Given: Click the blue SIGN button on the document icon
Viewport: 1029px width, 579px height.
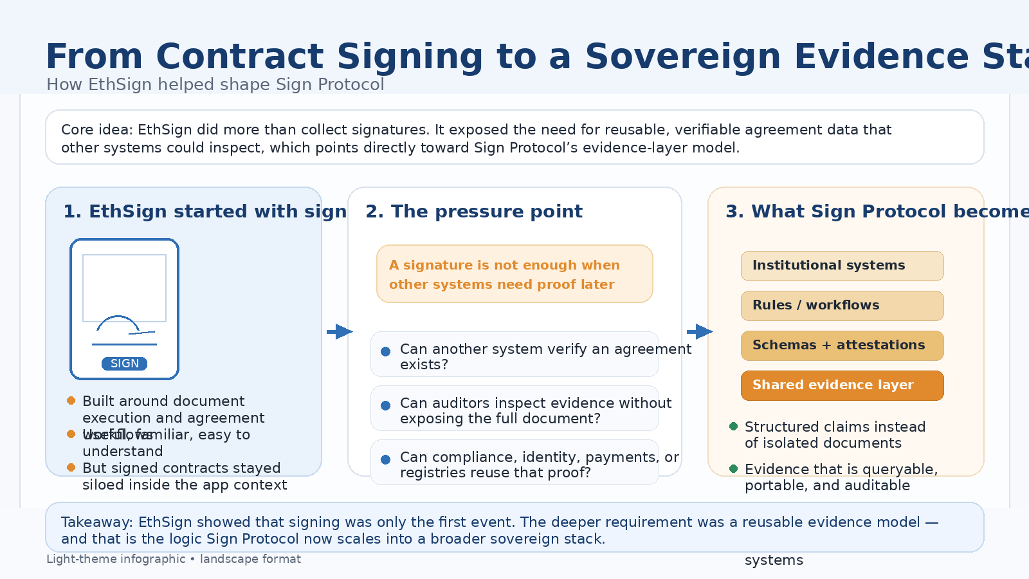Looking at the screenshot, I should coord(124,363).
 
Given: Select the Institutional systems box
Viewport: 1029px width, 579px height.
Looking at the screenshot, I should coord(842,266).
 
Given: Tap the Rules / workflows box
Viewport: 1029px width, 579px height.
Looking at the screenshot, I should coord(842,306).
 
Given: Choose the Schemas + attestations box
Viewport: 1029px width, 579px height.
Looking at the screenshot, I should coord(842,345).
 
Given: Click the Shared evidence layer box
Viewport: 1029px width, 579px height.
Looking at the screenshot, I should coord(842,385).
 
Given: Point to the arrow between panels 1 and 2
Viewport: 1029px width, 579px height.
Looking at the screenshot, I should coord(340,332).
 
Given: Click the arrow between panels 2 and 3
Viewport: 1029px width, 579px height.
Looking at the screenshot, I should coord(700,332).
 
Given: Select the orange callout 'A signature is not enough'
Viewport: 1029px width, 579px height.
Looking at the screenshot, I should coord(514,274).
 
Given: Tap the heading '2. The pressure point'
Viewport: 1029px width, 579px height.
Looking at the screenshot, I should coord(474,212).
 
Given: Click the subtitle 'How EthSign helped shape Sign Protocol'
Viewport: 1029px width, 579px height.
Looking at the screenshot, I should coord(215,85).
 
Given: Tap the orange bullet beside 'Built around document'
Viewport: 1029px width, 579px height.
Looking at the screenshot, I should coord(71,401).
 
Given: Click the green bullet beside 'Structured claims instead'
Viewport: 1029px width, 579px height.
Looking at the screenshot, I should coord(734,427).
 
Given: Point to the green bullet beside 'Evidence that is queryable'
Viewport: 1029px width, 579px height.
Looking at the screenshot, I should coord(734,469).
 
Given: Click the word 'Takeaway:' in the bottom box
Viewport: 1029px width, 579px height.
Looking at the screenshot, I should coord(97,522).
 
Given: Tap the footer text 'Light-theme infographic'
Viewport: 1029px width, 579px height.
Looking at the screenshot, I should coord(116,559).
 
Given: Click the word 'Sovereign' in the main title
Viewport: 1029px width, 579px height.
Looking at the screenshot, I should coord(682,57).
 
